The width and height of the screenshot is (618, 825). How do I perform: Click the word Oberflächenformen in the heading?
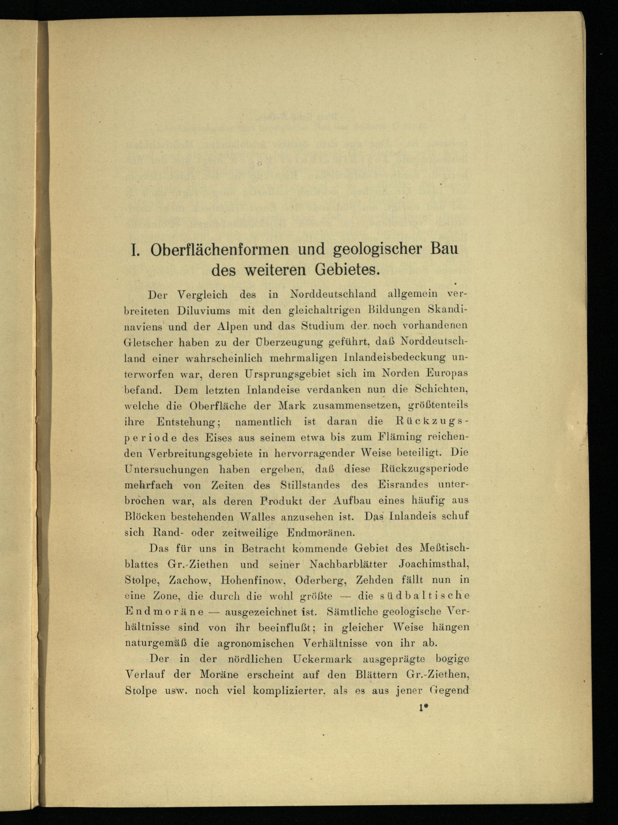[220, 250]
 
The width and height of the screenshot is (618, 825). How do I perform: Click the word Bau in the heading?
[444, 249]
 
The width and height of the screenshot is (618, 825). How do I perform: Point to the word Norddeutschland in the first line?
[333, 294]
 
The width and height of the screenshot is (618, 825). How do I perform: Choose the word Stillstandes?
[310, 485]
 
